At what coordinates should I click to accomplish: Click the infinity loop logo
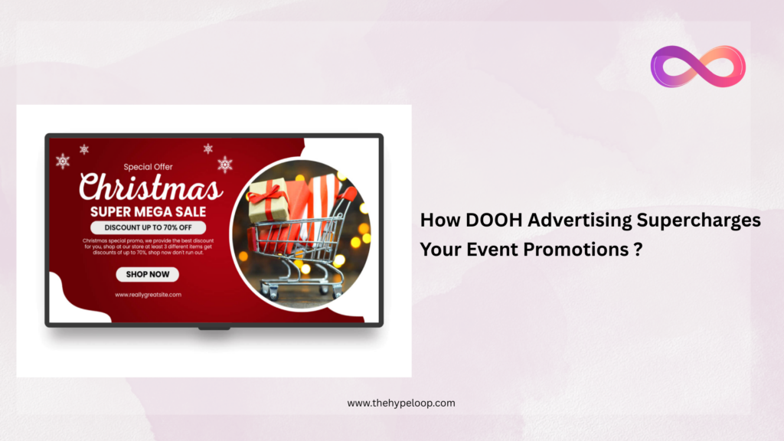point(697,67)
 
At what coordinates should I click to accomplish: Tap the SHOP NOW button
point(148,274)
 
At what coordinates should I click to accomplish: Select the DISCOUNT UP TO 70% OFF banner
point(148,227)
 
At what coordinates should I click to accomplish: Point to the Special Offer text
point(148,165)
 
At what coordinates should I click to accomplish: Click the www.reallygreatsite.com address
point(148,294)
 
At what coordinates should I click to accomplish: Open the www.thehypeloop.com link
point(400,403)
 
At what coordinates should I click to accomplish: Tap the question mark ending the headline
point(638,249)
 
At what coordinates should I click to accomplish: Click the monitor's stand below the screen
point(214,328)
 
